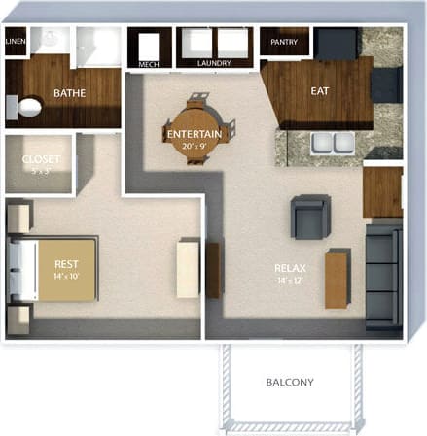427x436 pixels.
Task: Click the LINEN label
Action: pyautogui.click(x=15, y=42)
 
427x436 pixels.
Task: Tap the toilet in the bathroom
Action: pyautogui.click(x=28, y=106)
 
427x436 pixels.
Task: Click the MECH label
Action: pyautogui.click(x=149, y=64)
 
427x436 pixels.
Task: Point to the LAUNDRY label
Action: pyautogui.click(x=213, y=64)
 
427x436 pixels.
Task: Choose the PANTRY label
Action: pyautogui.click(x=284, y=42)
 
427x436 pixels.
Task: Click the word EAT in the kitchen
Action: pyautogui.click(x=319, y=91)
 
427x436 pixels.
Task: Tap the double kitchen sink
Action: pyautogui.click(x=330, y=144)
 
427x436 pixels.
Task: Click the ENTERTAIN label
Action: pyautogui.click(x=194, y=133)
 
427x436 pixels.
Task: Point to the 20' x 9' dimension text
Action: pyautogui.click(x=194, y=146)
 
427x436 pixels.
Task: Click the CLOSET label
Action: pyautogui.click(x=40, y=159)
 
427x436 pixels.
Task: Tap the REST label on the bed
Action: pyautogui.click(x=66, y=263)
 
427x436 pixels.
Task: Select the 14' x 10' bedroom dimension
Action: pyautogui.click(x=66, y=277)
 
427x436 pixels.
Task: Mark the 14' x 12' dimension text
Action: pyautogui.click(x=291, y=282)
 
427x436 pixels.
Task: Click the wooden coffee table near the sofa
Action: pyautogui.click(x=337, y=279)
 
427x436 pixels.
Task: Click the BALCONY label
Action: pyautogui.click(x=290, y=382)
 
